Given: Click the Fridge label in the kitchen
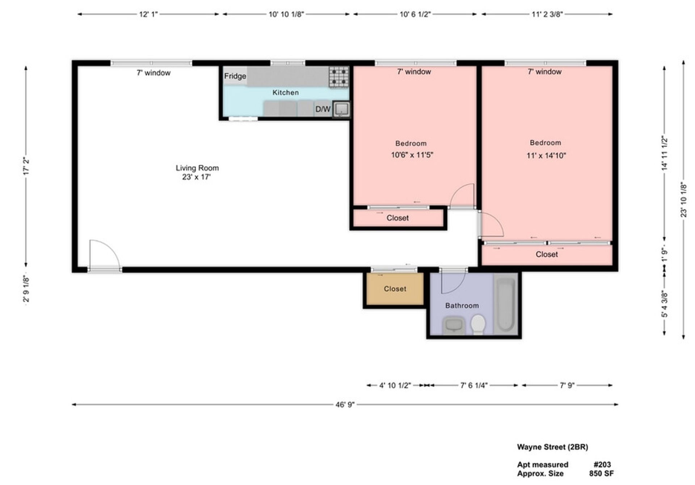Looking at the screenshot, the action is point(235,76).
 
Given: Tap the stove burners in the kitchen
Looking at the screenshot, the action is point(339,77).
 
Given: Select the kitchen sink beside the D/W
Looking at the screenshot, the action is point(341,109).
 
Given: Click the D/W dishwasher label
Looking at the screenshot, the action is point(323,109).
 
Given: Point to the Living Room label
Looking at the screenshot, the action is point(197,168).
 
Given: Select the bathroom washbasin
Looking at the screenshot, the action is point(454,325).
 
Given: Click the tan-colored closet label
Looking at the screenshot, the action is point(395,289).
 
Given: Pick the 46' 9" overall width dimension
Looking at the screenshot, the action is point(345,404).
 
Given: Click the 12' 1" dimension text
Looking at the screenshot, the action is point(148,14).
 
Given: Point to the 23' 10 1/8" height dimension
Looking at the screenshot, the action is point(683,200).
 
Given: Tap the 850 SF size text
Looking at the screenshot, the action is point(601,473).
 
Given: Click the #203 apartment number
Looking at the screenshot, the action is point(602,464).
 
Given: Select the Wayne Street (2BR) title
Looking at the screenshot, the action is point(552,447).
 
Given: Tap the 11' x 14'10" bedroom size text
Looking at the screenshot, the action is point(546,156).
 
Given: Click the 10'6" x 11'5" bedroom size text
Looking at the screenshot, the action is point(412,155).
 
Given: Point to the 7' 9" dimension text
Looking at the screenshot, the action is point(567,385).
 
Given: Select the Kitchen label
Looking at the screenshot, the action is point(286,93).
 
